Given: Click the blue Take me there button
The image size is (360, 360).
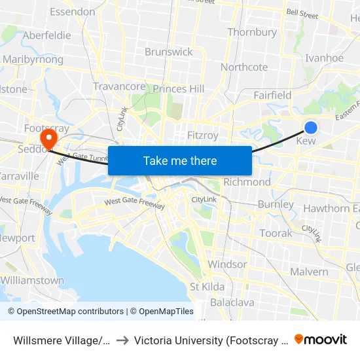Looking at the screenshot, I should (180, 160).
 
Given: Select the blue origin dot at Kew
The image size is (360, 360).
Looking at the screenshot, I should (311, 128).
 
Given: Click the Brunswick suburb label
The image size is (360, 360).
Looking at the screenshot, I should (169, 52).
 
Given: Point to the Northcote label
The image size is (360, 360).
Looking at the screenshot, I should (244, 67).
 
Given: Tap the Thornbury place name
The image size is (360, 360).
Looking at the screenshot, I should (252, 32).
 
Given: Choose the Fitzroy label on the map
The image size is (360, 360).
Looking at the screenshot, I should (202, 135).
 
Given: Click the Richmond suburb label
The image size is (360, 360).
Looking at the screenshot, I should (247, 182).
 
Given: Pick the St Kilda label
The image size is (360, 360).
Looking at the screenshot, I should (207, 287).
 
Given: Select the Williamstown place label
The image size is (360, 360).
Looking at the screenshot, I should (33, 280).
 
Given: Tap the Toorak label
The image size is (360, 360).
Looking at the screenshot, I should (276, 233).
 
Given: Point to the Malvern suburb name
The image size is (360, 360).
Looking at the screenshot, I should (309, 272).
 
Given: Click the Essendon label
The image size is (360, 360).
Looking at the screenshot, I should (72, 11).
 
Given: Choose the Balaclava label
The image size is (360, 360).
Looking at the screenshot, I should (232, 302).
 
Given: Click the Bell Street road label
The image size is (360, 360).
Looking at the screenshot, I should (302, 13).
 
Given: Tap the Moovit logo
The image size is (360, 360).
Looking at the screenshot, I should (321, 339).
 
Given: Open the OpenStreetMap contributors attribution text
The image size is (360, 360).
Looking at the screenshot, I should (66, 312).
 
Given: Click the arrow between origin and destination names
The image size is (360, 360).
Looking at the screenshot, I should (122, 340).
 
